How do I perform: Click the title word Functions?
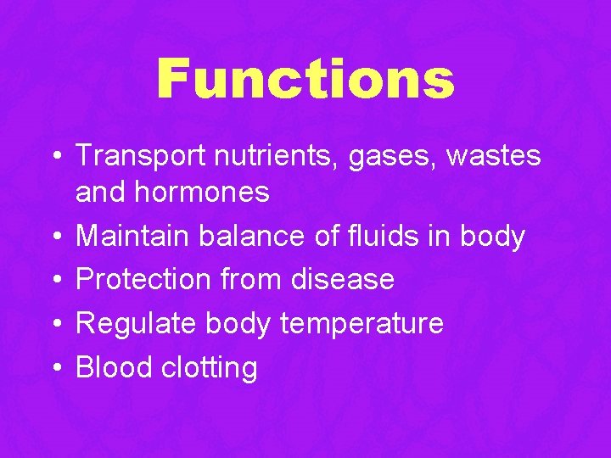coord(305,79)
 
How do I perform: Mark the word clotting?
coord(206,368)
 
